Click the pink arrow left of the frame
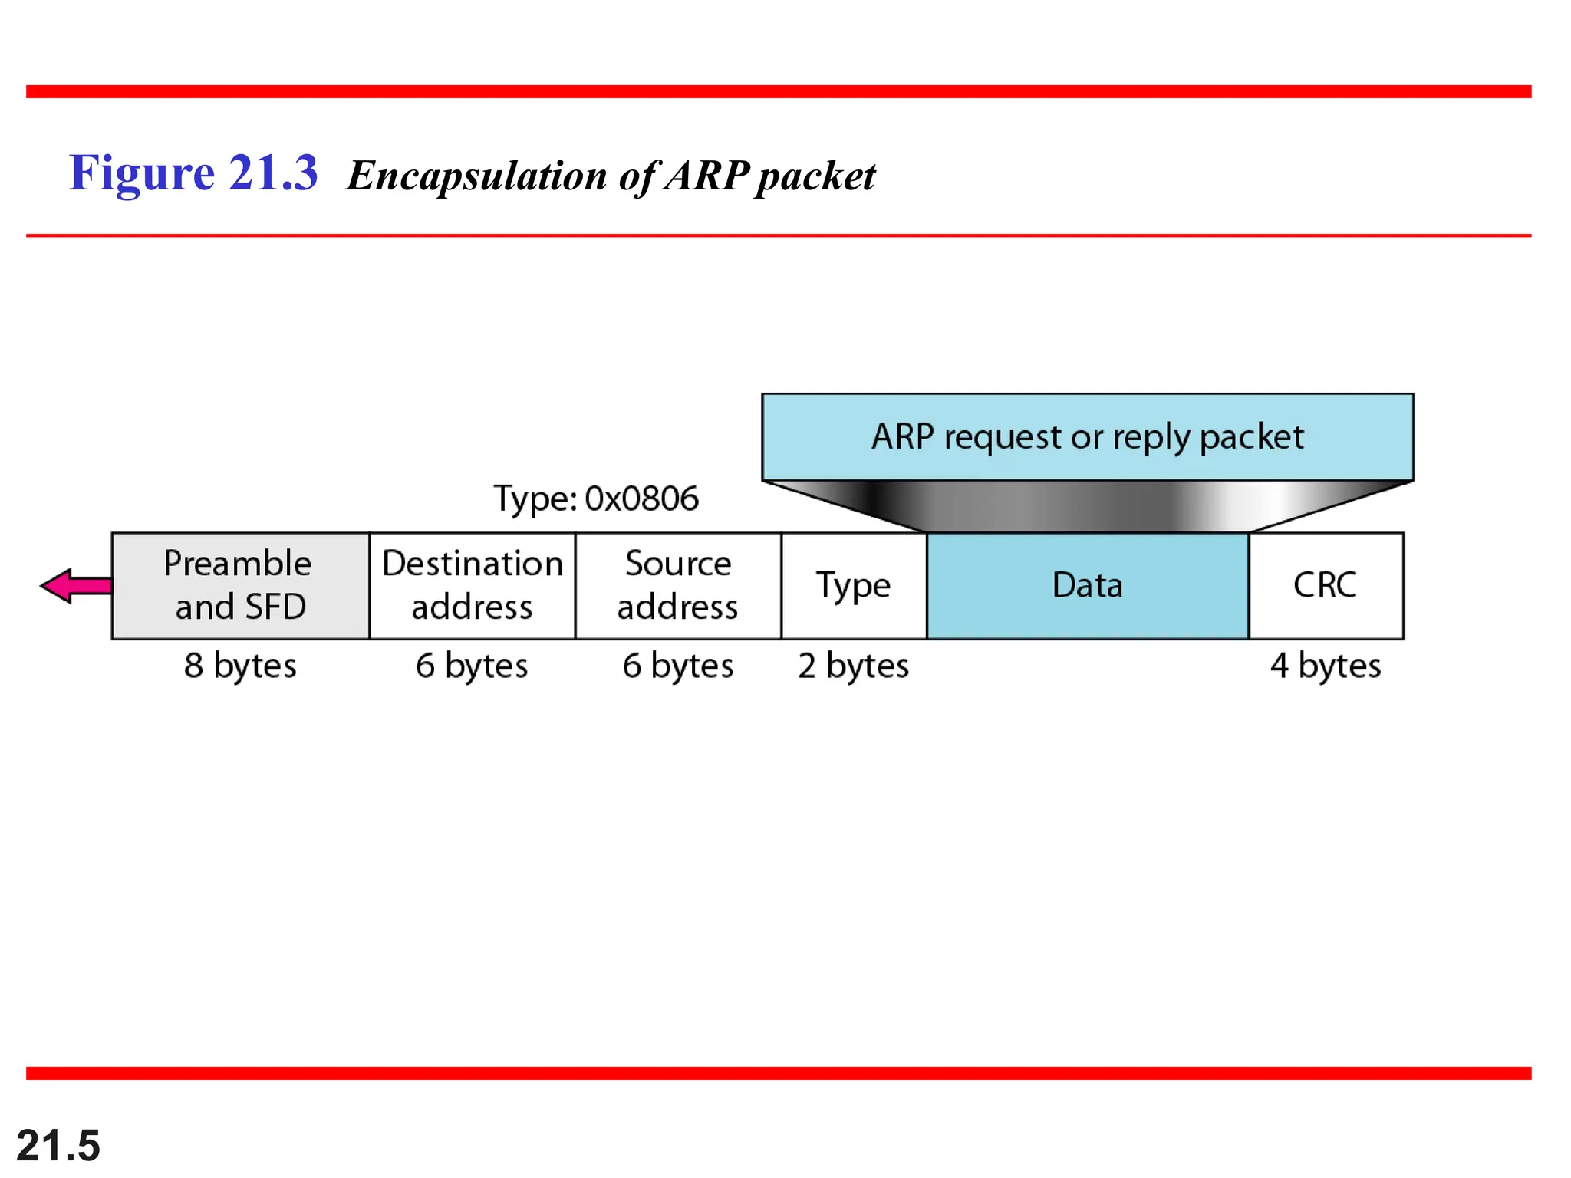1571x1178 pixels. click(74, 586)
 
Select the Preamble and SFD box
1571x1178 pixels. click(240, 585)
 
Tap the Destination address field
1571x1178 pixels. click(472, 585)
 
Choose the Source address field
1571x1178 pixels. click(677, 585)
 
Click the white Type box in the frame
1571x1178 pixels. click(853, 586)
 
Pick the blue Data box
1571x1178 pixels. click(1087, 586)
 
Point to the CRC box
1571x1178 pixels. click(1325, 585)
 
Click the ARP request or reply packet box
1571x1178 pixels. click(1087, 437)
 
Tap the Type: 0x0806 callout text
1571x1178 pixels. click(595, 499)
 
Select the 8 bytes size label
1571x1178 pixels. click(240, 666)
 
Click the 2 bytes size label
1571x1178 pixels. click(853, 666)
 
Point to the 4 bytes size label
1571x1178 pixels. click(1325, 666)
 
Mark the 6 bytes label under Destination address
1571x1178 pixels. click(472, 666)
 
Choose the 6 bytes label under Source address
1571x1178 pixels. click(677, 666)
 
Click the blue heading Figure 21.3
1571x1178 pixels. click(193, 173)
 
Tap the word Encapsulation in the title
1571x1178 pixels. click(477, 176)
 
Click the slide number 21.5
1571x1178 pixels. click(58, 1146)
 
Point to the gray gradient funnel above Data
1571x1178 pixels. click(1087, 506)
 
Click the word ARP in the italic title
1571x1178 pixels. click(706, 176)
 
